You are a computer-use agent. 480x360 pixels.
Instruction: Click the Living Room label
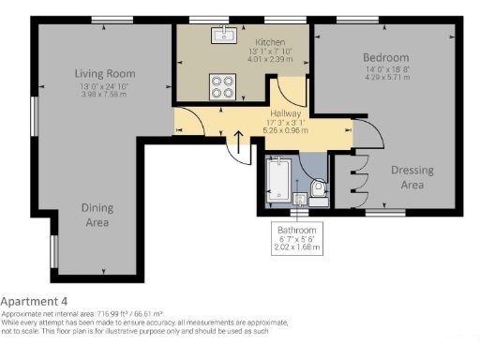click(x=105, y=73)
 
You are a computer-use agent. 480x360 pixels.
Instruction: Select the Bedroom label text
click(x=386, y=58)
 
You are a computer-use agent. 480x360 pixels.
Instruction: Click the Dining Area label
click(x=97, y=216)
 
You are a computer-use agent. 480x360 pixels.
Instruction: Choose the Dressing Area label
click(x=412, y=176)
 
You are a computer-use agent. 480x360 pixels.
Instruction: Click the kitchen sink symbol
click(x=225, y=37)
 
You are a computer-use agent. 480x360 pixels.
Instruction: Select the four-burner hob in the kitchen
click(x=223, y=86)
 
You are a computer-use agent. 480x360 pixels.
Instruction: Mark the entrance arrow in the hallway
click(x=239, y=143)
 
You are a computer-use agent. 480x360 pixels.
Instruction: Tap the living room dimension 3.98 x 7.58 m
click(x=105, y=94)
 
